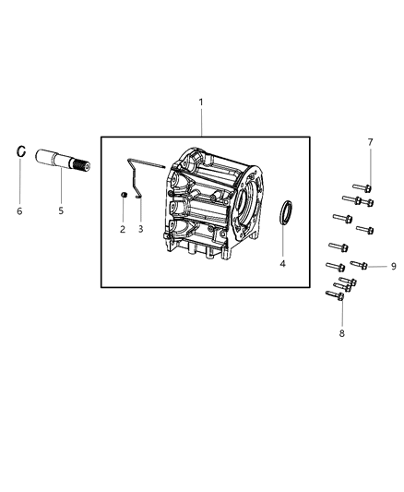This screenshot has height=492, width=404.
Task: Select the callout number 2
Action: click(122, 228)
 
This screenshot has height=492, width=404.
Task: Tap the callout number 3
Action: click(140, 228)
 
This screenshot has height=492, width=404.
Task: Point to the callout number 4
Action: click(283, 262)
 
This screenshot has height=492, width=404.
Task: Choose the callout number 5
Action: click(61, 210)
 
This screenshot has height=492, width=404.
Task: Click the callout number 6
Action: click(19, 210)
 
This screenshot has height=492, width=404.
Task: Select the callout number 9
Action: click(393, 266)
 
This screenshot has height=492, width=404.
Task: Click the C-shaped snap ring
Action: click(19, 151)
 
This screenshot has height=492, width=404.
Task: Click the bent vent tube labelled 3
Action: click(137, 176)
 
